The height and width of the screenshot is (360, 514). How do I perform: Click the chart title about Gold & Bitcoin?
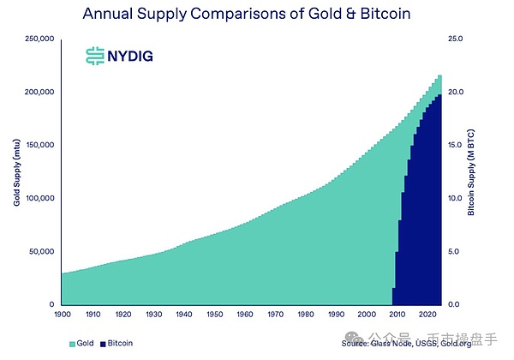(x=257, y=14)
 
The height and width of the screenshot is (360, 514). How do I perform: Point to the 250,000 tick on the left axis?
(x=40, y=39)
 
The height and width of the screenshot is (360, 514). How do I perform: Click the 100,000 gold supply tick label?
(x=40, y=198)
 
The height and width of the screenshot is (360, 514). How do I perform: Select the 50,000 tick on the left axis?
(x=42, y=251)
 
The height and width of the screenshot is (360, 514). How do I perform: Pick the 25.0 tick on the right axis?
(x=457, y=39)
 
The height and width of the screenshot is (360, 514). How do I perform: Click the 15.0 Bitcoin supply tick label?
(x=457, y=145)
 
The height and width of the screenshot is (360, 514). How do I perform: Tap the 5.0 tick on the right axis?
(x=455, y=251)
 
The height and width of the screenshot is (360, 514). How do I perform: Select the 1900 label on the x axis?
(x=62, y=315)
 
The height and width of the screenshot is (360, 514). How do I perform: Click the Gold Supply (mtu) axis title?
(x=16, y=171)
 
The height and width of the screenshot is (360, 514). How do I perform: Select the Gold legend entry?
(x=82, y=344)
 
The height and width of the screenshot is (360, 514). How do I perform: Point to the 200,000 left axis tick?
(x=40, y=92)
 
